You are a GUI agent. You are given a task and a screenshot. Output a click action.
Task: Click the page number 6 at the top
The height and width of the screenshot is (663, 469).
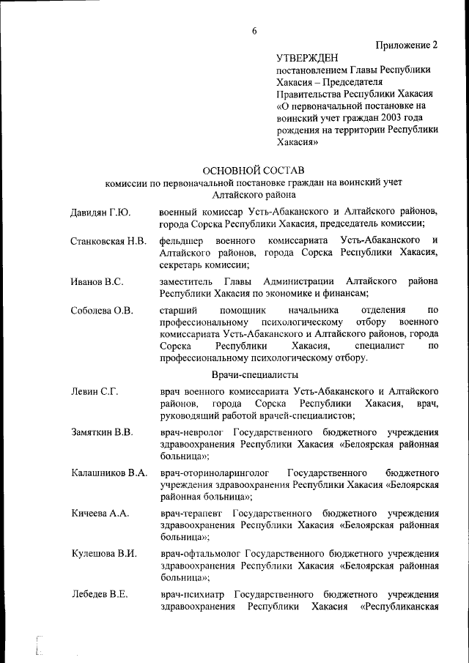[254, 30]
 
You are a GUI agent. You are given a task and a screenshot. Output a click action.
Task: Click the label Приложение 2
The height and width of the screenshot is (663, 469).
[407, 44]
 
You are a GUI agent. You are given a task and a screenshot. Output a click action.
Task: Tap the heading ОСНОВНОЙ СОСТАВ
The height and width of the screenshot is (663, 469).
[253, 170]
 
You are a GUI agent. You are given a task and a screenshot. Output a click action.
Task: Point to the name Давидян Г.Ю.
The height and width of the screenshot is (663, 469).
[100, 212]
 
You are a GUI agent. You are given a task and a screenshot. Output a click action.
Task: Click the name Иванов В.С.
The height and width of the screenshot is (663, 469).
[97, 281]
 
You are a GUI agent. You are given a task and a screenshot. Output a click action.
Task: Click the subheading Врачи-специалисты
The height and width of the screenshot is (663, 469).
[253, 374]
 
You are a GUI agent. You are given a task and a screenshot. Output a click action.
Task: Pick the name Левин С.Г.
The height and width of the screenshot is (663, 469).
[95, 391]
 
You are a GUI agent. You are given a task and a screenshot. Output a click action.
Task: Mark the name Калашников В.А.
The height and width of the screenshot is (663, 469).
[109, 473]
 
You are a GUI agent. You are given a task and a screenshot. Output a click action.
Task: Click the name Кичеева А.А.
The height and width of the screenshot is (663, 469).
[100, 513]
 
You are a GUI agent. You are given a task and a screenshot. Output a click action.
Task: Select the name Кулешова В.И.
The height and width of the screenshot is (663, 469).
[104, 553]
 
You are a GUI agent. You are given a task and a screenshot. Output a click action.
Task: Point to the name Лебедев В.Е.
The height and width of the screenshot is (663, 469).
[100, 593]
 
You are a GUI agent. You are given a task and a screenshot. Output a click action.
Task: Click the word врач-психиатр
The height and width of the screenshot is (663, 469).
[193, 593]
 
